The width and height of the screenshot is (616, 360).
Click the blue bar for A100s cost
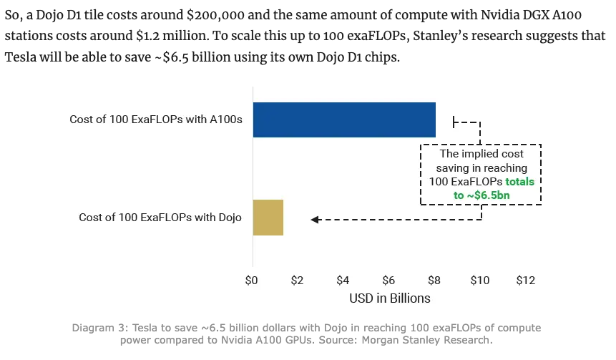pyautogui.click(x=344, y=120)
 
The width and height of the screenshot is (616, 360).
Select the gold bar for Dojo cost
pyautogui.click(x=268, y=218)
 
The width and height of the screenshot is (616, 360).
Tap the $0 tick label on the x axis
pyautogui.click(x=251, y=280)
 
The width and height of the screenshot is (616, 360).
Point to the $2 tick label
pyautogui.click(x=298, y=280)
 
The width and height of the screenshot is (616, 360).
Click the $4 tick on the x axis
pyautogui.click(x=343, y=280)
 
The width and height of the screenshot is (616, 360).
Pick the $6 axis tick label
pyautogui.click(x=388, y=280)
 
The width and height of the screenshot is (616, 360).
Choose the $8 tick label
pyautogui.click(x=434, y=280)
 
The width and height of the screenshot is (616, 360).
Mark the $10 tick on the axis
pyautogui.click(x=479, y=280)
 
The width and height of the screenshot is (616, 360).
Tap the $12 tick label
pyautogui.click(x=525, y=280)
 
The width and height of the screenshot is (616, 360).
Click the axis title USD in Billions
pyautogui.click(x=389, y=298)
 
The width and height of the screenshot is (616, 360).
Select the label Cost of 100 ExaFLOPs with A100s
pyautogui.click(x=156, y=120)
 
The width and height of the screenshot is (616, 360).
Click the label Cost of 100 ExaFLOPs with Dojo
pyautogui.click(x=160, y=218)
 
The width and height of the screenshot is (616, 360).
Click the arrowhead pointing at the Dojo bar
pyautogui.click(x=315, y=220)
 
